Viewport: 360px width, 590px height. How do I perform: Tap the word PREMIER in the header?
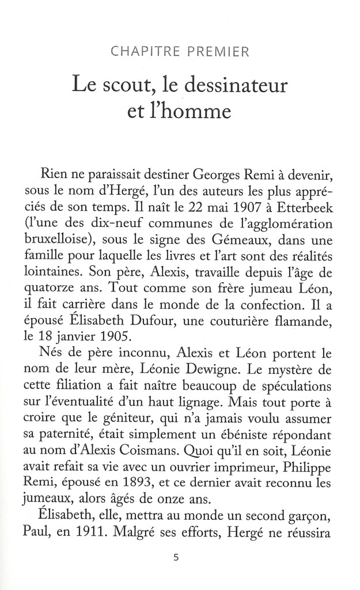tap(215, 54)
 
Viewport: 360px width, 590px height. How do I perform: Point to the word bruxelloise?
tap(73, 246)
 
